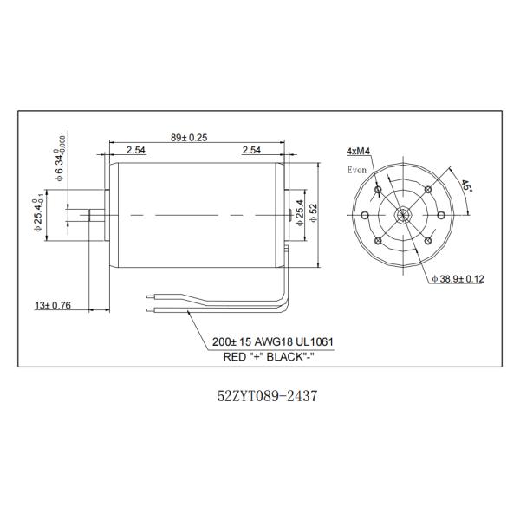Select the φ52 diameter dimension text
coord(312,213)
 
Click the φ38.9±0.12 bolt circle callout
coord(458,278)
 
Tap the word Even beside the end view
coord(357,170)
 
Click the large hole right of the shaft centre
coord(440,214)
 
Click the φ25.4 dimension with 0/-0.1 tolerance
coord(36,214)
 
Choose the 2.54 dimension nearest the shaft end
coord(135,150)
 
